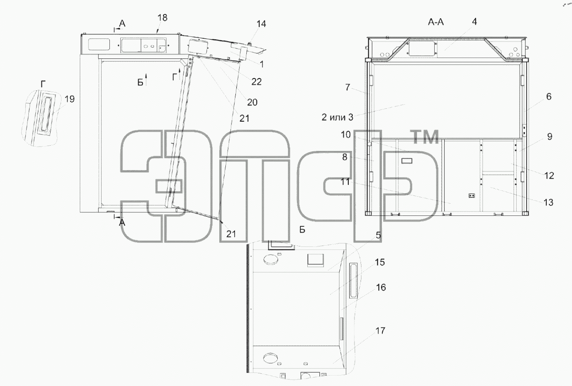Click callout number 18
pyautogui.click(x=163, y=17)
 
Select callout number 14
pyautogui.click(x=261, y=24)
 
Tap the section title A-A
pyautogui.click(x=436, y=22)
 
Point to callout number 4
pyautogui.click(x=474, y=22)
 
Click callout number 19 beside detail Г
pyautogui.click(x=69, y=99)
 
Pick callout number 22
pyautogui.click(x=257, y=82)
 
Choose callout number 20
pyautogui.click(x=252, y=102)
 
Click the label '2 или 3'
pyautogui.click(x=337, y=117)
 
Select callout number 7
pyautogui.click(x=347, y=87)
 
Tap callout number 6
pyautogui.click(x=549, y=96)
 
